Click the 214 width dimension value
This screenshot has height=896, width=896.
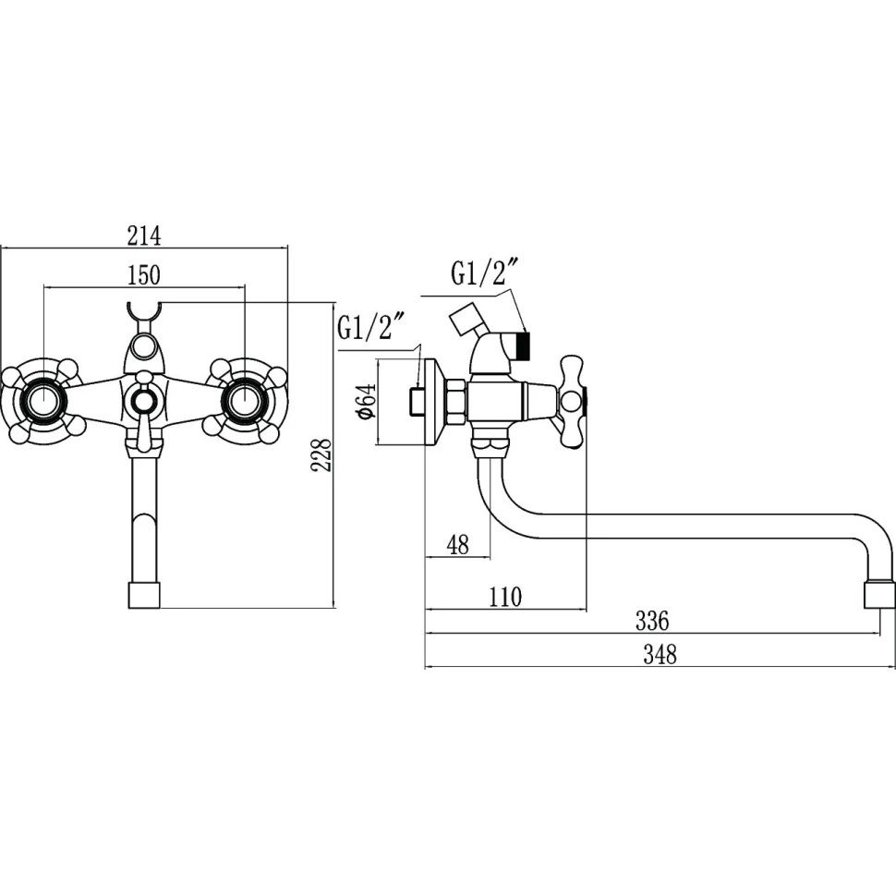point(144,236)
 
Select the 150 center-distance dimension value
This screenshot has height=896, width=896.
point(144,274)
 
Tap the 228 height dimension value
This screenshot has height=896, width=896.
point(321,454)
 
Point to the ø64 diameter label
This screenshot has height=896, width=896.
point(363,402)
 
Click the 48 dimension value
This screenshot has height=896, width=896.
point(457,545)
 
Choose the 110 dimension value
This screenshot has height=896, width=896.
point(505,597)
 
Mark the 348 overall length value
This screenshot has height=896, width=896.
point(660,655)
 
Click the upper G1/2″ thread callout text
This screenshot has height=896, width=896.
point(483,273)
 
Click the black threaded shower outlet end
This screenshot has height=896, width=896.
point(524,347)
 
